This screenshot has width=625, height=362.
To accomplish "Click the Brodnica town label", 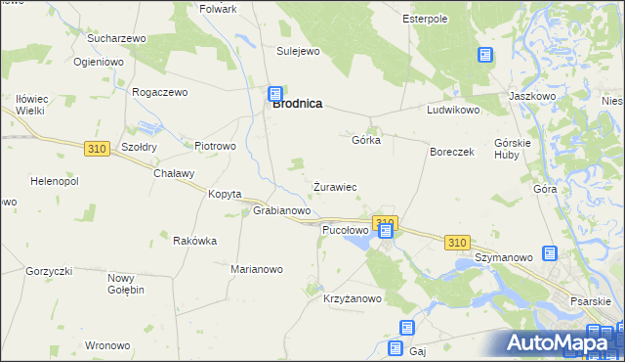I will [298, 103].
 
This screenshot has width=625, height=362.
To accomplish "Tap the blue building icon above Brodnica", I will [276, 94].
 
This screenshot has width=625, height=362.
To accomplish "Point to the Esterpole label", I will [425, 19].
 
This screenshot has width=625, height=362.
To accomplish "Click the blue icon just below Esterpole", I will [485, 56].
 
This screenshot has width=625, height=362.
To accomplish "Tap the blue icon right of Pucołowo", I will [386, 231].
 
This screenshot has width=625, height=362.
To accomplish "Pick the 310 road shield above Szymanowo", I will [456, 241].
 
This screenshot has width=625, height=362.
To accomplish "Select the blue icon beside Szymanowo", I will [550, 254].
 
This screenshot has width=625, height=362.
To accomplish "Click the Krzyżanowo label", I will [353, 299].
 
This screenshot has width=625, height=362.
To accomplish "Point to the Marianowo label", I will [256, 269].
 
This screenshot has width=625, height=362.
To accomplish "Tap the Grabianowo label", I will [281, 210].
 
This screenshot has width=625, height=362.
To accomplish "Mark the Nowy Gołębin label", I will [126, 284].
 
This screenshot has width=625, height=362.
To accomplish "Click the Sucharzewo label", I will [116, 38].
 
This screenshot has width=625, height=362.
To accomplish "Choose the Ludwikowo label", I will [452, 111].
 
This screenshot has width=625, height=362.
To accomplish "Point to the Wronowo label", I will [107, 345].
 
